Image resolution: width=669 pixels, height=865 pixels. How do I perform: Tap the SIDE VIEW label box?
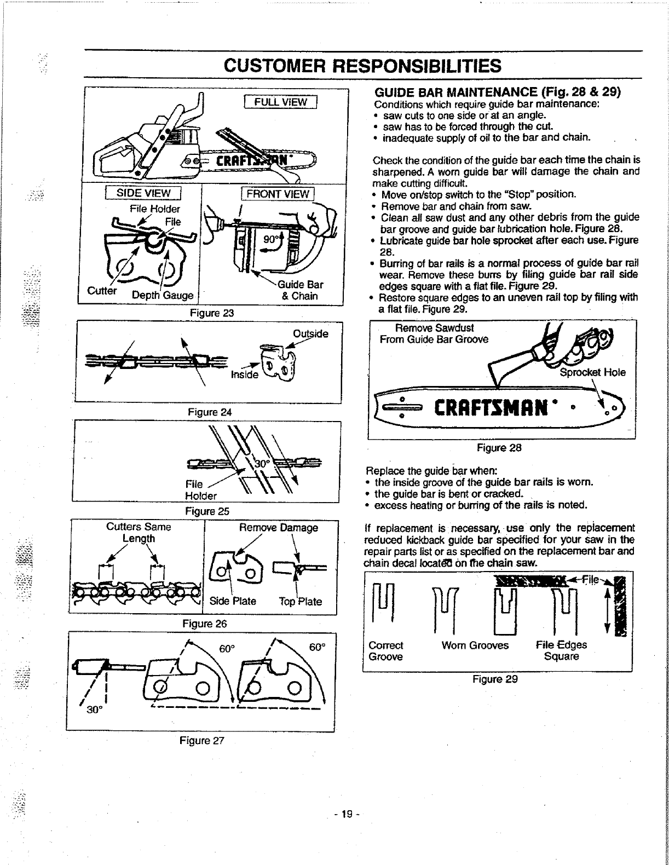click(142, 193)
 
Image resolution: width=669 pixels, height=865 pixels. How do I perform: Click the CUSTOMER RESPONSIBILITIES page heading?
click(362, 66)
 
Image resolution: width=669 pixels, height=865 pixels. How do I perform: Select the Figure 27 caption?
click(203, 741)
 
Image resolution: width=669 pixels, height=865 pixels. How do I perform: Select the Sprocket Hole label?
click(592, 373)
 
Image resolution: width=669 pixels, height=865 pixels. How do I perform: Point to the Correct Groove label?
click(386, 650)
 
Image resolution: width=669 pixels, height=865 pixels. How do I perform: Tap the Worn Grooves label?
click(475, 645)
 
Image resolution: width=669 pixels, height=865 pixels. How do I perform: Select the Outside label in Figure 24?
click(310, 333)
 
